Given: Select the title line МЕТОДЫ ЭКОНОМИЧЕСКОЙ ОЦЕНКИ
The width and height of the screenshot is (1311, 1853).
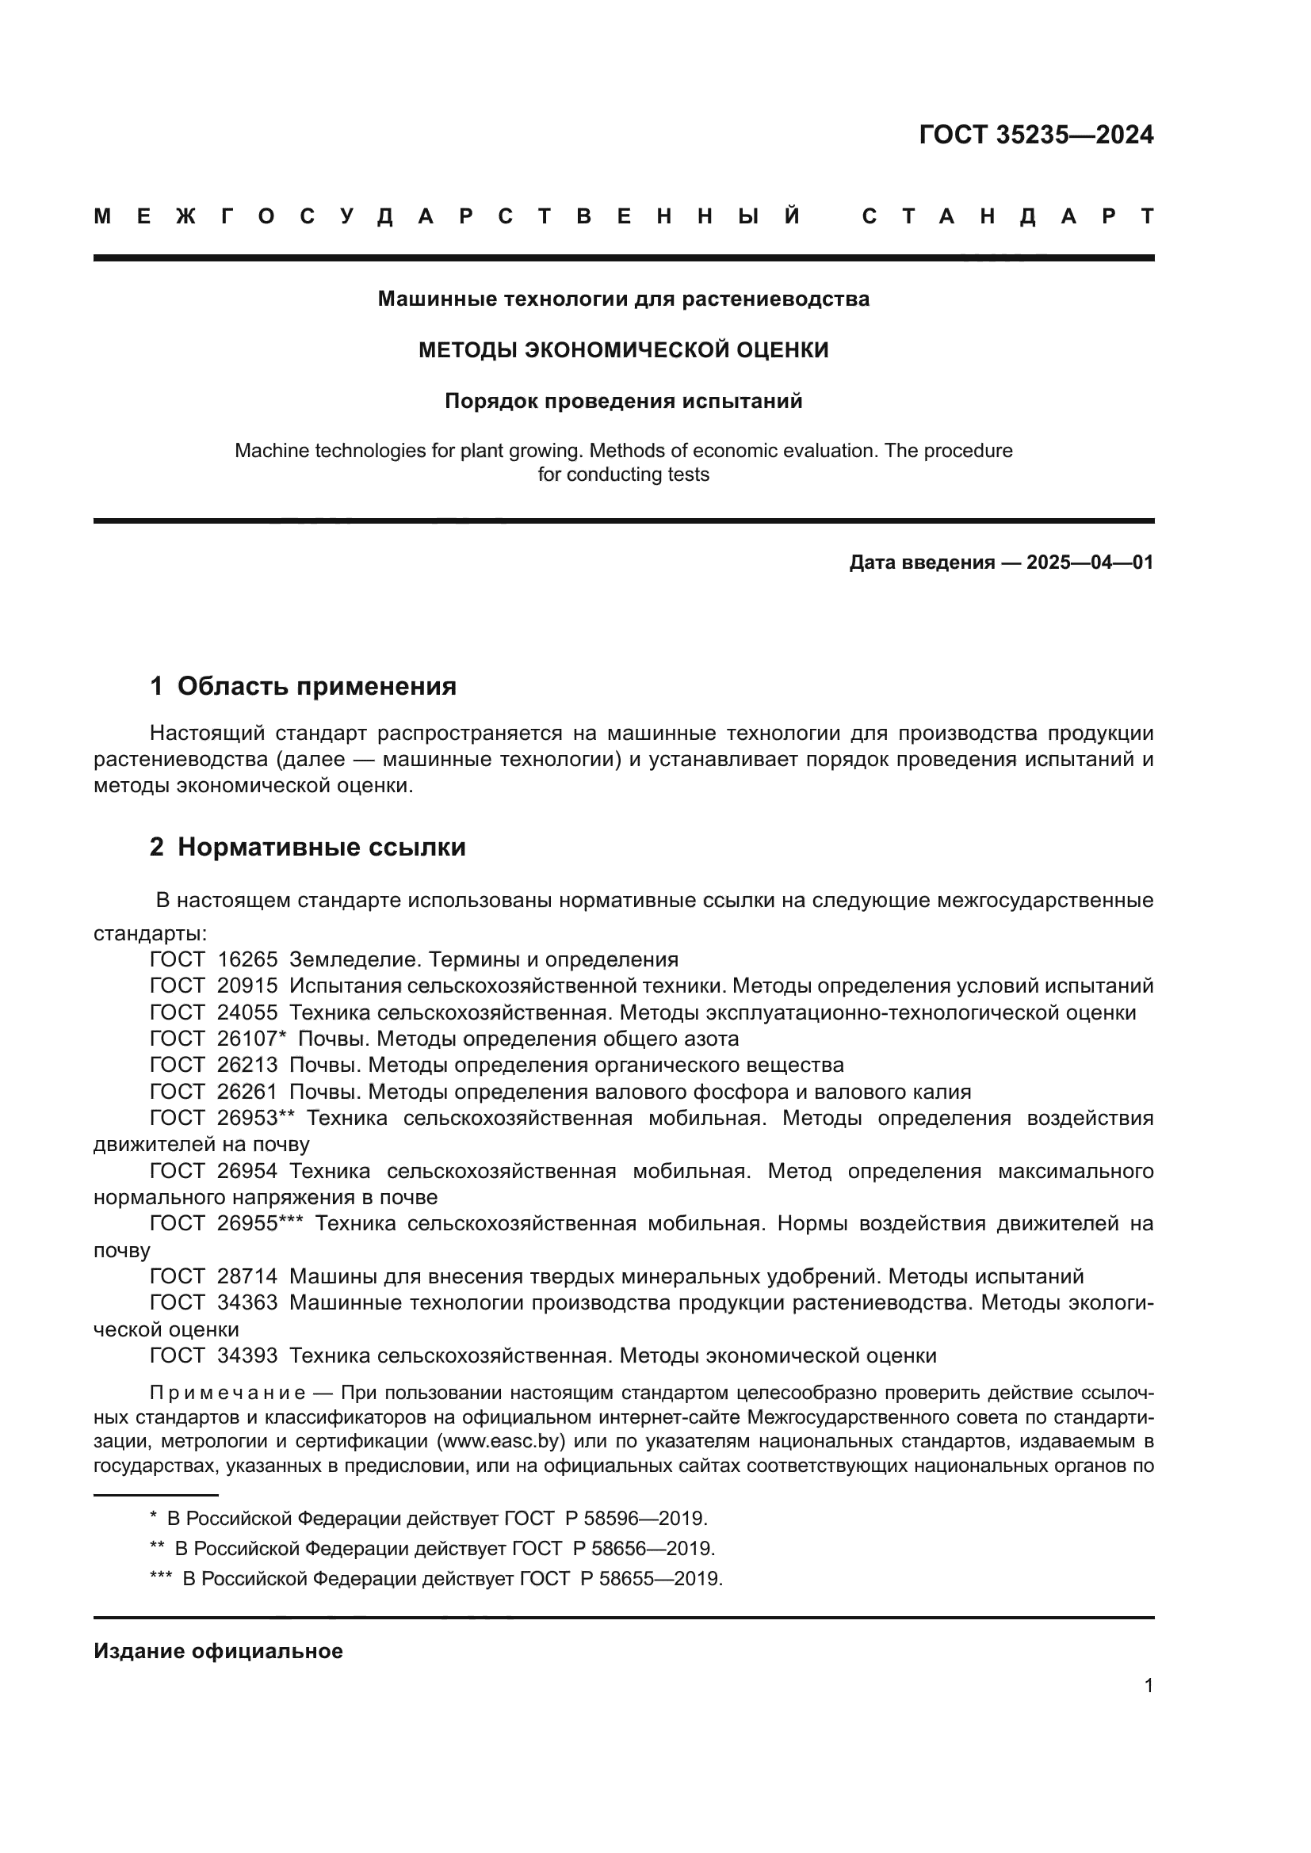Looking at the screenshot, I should [623, 350].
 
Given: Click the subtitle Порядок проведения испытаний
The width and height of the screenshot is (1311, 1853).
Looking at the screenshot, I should [623, 401].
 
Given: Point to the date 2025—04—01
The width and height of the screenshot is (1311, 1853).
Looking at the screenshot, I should [1090, 562].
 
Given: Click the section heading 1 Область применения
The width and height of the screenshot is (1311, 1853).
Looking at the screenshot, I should [303, 687].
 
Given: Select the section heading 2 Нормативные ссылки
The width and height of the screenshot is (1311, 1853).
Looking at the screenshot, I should [308, 848].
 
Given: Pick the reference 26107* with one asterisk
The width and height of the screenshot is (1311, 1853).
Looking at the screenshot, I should [252, 1039].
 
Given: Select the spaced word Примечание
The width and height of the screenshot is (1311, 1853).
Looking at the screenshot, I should [227, 1394].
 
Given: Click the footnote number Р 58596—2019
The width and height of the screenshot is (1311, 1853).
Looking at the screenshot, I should [636, 1519].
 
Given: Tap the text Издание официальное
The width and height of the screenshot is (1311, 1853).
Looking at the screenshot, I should [218, 1651].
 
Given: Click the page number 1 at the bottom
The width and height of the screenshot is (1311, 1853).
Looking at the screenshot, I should [1148, 1685].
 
